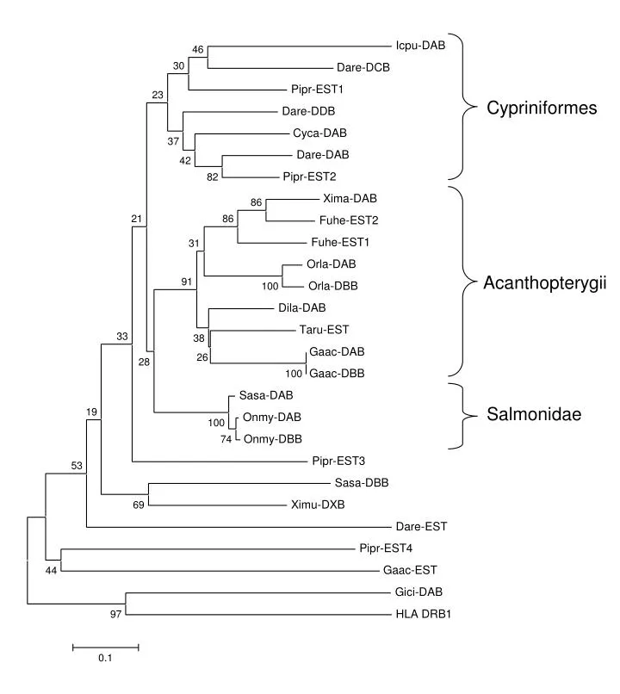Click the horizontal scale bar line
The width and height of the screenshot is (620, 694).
(x=104, y=645)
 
